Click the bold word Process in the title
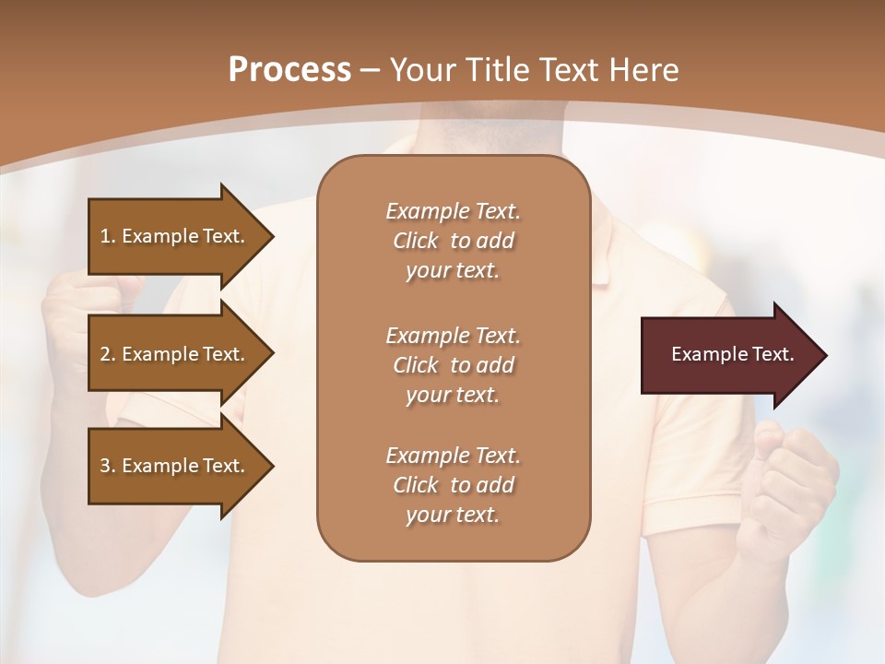coord(289,69)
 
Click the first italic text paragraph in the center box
coord(453,241)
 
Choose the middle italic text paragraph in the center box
coord(453,365)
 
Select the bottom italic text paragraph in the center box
coord(453,485)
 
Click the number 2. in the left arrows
coord(108,354)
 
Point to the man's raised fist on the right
coord(795,480)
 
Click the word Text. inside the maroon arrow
coord(772,354)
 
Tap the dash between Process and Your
coord(371,70)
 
